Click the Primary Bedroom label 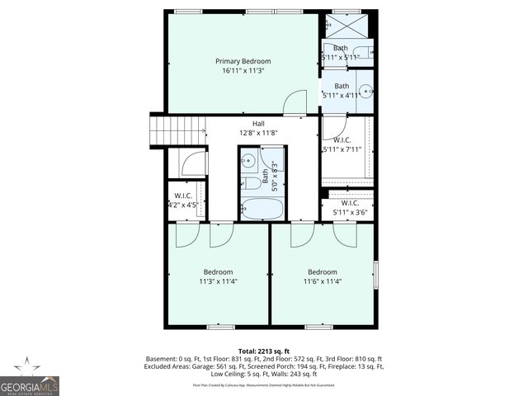243,61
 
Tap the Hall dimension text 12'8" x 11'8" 258,133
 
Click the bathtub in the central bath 262,208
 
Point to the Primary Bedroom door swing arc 295,102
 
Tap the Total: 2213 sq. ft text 264,350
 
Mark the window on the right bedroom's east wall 375,274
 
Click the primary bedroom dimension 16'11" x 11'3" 243,71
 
